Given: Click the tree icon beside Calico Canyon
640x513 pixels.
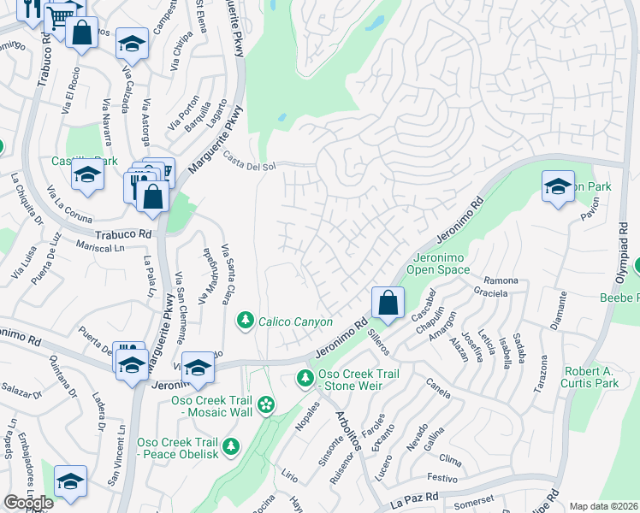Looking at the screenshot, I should [x=246, y=320].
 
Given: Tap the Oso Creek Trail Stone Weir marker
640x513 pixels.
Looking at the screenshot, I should [x=305, y=377].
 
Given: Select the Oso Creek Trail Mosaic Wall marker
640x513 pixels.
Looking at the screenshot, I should [x=266, y=404].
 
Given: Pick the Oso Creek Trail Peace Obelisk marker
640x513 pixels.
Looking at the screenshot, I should [x=230, y=445].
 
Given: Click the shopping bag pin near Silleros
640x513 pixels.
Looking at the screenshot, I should [x=388, y=303].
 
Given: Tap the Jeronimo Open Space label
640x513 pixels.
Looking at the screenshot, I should [x=441, y=263].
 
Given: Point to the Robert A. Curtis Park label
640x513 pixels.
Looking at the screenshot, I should [x=590, y=377].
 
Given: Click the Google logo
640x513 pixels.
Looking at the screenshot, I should [x=28, y=502].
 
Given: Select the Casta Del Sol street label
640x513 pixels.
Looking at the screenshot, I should [x=249, y=160].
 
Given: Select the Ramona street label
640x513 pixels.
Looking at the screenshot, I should [x=501, y=280].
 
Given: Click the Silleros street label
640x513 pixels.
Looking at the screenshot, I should [x=379, y=339].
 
